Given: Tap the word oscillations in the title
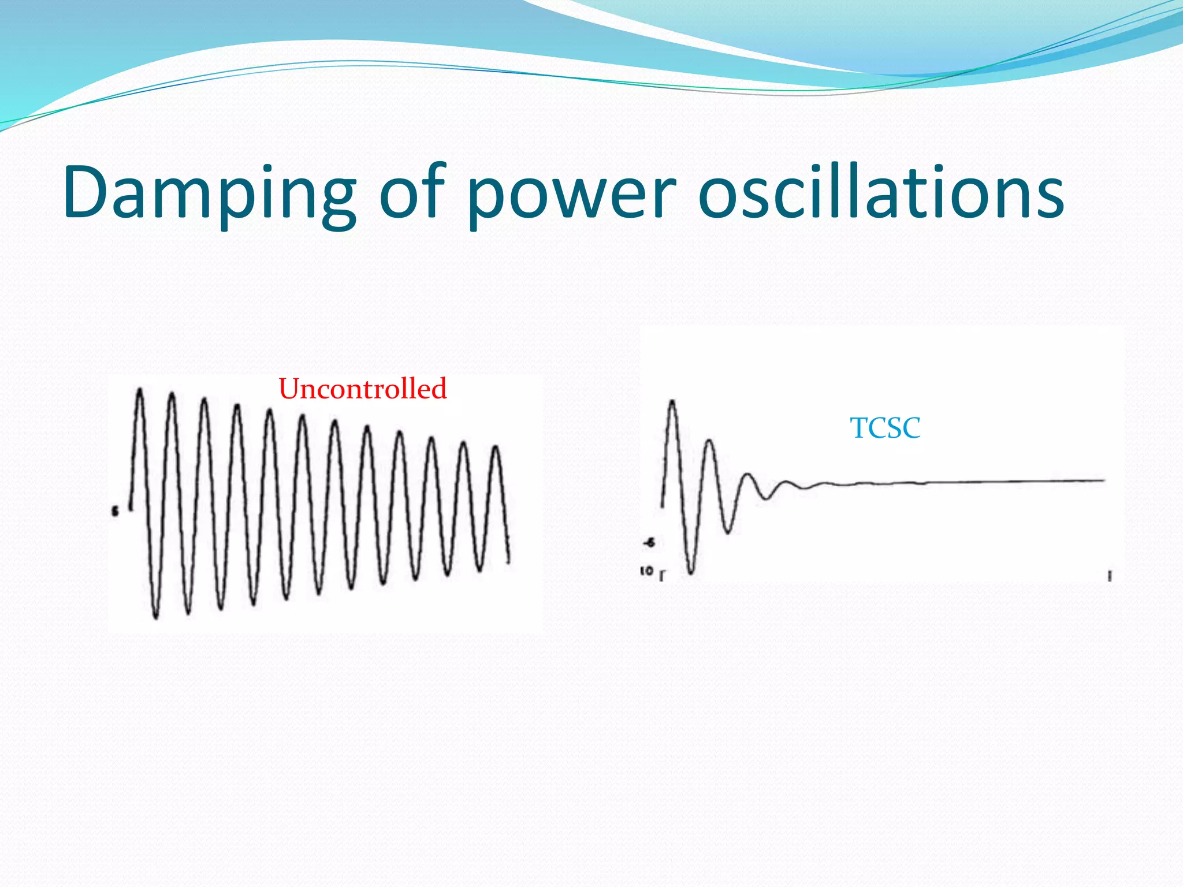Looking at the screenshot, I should click(880, 192).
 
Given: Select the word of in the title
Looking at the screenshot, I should click(413, 192).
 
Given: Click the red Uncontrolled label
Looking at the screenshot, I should click(363, 389).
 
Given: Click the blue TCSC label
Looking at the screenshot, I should click(885, 428).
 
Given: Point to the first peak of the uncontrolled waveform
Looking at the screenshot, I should click(139, 391).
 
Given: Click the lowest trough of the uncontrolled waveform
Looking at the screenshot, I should click(155, 617).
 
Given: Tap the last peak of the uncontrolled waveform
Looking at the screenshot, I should click(496, 448).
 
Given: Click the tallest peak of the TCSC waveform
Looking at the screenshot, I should click(672, 402).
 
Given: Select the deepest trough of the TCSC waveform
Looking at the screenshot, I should click(691, 572).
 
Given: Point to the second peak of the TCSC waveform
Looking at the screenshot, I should click(709, 442).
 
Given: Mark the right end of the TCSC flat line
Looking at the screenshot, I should click(1103, 480).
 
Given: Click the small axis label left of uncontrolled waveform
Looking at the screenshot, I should click(115, 511).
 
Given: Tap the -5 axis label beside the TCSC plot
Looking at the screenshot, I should click(649, 543).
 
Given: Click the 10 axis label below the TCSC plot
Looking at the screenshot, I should click(647, 571).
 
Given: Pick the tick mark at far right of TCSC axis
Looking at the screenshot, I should click(1110, 576).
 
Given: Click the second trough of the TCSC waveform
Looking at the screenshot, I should click(728, 531).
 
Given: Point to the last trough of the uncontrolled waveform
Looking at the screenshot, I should click(479, 569).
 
